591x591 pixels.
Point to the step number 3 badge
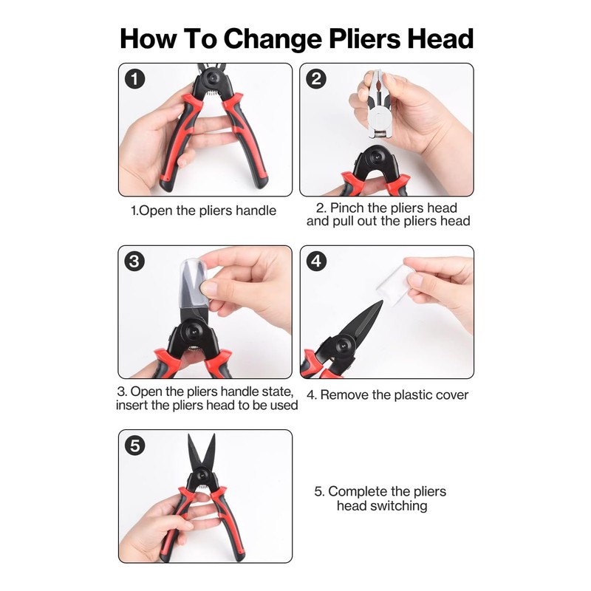[x=135, y=261]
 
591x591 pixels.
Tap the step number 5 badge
[x=135, y=445]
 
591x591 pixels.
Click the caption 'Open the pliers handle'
[x=203, y=211]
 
